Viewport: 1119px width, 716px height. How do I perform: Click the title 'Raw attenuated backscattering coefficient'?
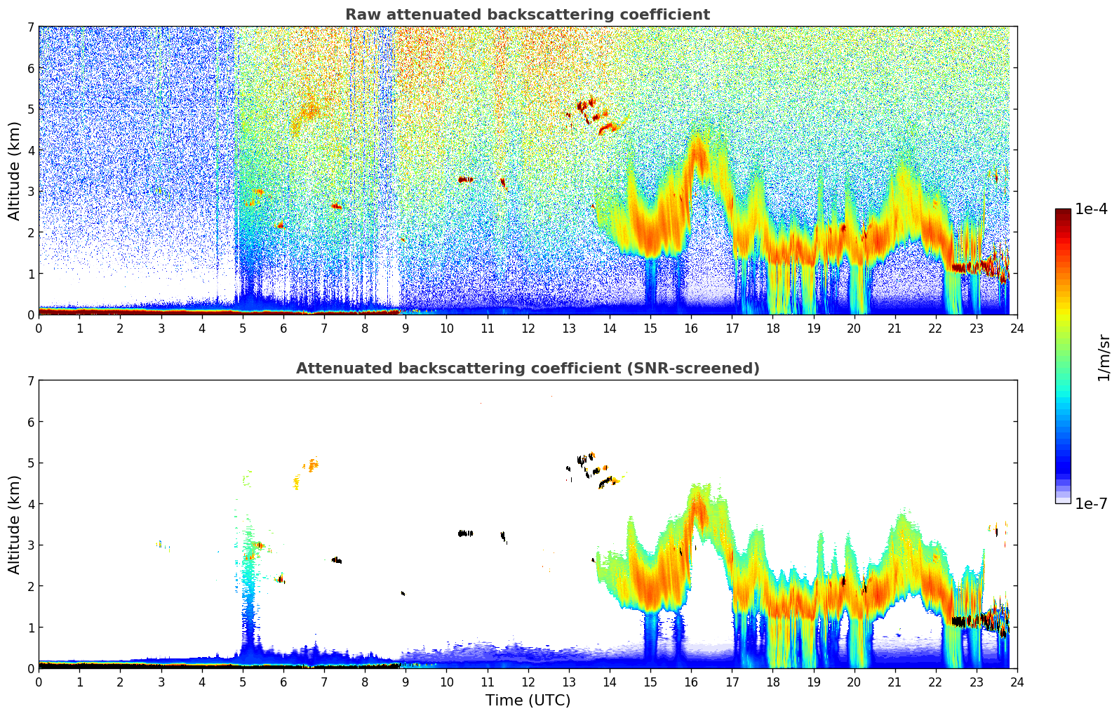pos(527,15)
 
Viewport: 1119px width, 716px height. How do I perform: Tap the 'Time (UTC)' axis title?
pos(528,700)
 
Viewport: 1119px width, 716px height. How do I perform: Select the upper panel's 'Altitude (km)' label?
pos(15,171)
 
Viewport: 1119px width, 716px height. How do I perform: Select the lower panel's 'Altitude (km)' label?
pos(15,524)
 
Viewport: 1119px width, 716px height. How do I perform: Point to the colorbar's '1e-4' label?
pos(1091,209)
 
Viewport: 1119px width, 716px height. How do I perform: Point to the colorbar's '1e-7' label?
pos(1091,503)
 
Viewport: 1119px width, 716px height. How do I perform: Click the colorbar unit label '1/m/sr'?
pos(1104,357)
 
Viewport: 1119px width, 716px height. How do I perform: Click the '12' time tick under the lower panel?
pos(528,682)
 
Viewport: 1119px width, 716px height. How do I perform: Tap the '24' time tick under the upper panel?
pos(1017,328)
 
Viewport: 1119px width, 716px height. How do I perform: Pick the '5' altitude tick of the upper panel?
pos(30,109)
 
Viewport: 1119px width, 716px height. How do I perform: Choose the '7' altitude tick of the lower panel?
pos(30,380)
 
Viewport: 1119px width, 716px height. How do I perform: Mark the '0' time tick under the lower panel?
pos(39,682)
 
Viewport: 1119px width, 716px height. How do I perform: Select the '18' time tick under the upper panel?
pos(772,328)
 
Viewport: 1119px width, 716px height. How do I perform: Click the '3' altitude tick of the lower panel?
pos(30,545)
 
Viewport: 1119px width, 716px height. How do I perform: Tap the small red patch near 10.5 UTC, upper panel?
pos(465,180)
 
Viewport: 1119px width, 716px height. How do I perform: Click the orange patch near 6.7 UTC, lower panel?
pos(311,464)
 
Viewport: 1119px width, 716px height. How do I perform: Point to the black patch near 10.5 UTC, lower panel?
pos(465,533)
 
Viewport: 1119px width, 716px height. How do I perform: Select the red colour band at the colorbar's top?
pos(1063,214)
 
